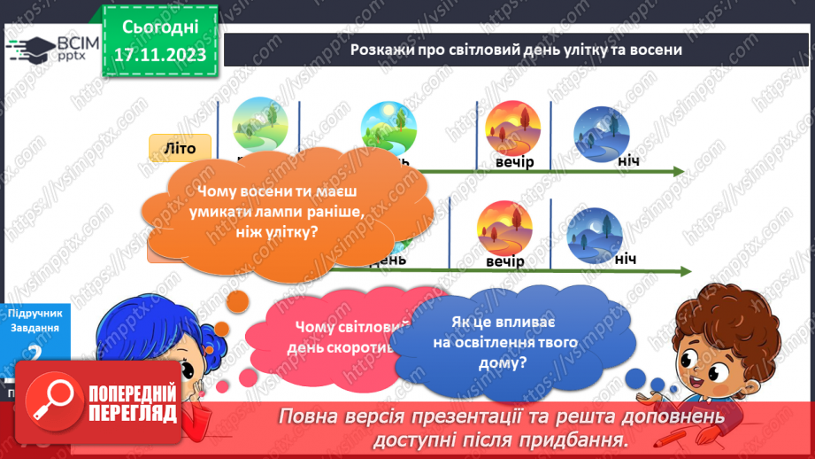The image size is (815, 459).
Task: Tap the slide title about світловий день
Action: (516, 51)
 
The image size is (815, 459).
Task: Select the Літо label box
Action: (178, 149)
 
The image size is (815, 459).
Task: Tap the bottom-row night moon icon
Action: (594, 233)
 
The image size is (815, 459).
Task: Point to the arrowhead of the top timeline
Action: (678, 171)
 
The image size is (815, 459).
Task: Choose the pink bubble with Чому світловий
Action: (336, 337)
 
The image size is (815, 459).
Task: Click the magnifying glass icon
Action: (52, 401)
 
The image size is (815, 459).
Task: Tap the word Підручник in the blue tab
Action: (33, 314)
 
